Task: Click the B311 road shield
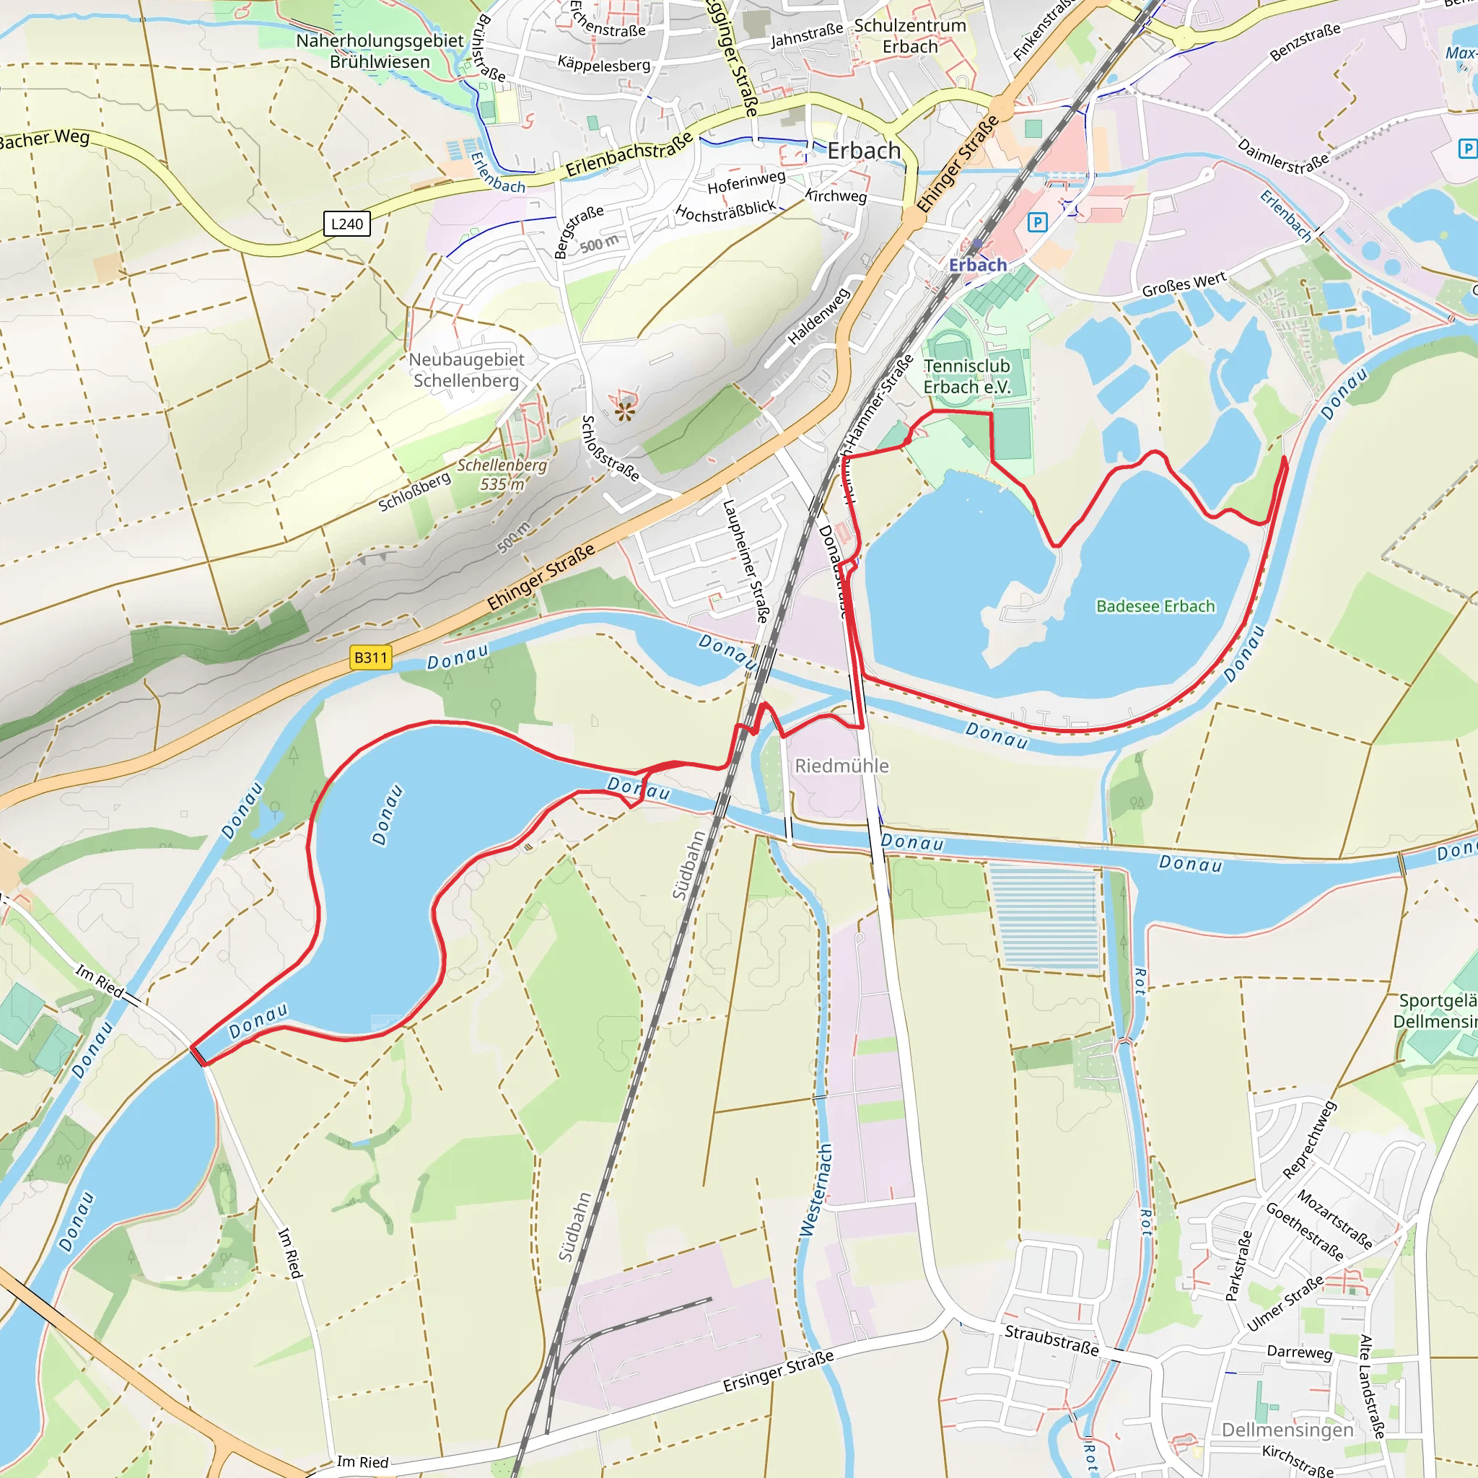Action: coord(370,657)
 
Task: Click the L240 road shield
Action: coord(346,224)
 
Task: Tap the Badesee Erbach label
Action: coord(1155,606)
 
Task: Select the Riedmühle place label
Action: coord(841,766)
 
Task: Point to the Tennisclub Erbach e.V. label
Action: coord(966,377)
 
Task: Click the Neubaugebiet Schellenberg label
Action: coord(466,369)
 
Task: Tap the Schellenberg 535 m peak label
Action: coord(502,474)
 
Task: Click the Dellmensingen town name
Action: coord(1287,1430)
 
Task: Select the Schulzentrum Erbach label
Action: coord(909,36)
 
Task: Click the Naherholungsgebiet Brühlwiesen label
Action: coord(380,51)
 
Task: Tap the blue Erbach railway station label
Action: coord(978,265)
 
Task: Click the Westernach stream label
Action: coord(815,1189)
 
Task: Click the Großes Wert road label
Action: coord(1184,284)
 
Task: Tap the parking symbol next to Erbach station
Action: coord(1037,222)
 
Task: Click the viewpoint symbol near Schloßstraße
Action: coord(625,412)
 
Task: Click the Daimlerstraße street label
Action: coord(1283,156)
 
